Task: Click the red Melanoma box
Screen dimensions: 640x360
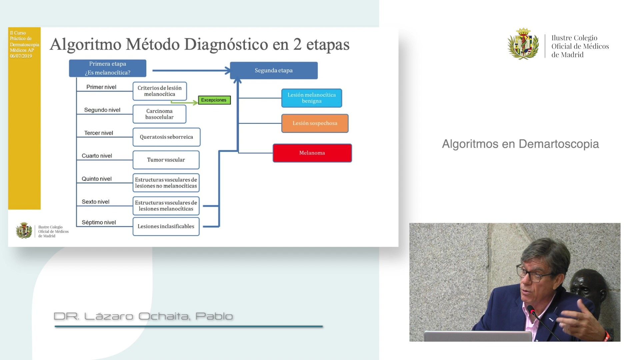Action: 312,153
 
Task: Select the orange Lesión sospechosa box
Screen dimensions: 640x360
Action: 315,123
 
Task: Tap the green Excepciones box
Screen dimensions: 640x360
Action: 214,100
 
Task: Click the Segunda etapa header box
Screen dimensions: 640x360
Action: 274,70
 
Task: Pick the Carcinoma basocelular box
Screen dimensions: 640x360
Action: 159,114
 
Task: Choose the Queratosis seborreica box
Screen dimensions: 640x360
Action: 166,137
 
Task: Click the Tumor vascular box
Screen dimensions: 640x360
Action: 166,160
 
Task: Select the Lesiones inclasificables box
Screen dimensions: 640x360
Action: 166,227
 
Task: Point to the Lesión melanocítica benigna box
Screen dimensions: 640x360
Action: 312,98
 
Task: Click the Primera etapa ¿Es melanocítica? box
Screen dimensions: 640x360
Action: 108,68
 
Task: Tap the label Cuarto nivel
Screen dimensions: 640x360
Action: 97,156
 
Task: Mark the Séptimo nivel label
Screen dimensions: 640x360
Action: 99,222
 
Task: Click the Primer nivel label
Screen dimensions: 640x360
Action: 101,87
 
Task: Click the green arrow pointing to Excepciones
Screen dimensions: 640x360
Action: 184,102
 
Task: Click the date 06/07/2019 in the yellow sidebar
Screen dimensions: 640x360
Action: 21,56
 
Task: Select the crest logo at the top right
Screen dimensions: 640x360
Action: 523,44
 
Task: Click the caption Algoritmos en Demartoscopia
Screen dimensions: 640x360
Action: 520,144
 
